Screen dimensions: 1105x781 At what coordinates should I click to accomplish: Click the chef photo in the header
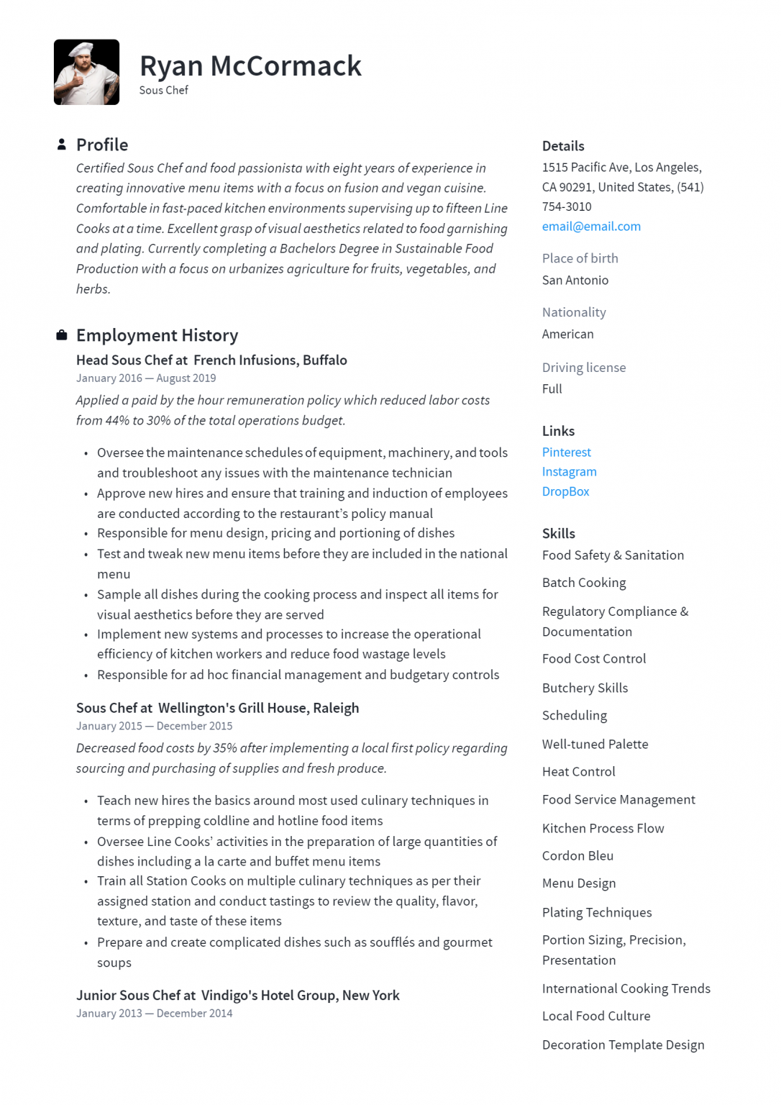click(x=86, y=72)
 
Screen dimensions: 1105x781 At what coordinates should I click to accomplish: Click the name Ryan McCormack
click(x=250, y=66)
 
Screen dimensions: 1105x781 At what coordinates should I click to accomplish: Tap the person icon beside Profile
click(x=62, y=145)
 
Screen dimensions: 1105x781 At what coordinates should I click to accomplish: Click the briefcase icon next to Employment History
click(x=62, y=335)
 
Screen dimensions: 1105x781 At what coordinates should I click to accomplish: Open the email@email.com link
click(x=590, y=227)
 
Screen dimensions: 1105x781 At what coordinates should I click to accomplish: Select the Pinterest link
click(x=566, y=453)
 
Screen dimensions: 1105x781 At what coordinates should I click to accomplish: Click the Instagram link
click(x=569, y=472)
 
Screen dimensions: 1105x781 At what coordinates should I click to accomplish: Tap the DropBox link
click(x=565, y=492)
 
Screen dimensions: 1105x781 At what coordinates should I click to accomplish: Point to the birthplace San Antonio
click(x=575, y=281)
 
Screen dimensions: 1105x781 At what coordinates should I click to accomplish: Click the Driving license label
click(x=583, y=368)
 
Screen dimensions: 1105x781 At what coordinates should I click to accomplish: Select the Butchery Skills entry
click(x=585, y=688)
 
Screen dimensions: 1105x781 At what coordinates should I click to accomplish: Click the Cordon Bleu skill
click(x=577, y=856)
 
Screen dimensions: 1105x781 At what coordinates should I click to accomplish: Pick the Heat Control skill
click(x=578, y=772)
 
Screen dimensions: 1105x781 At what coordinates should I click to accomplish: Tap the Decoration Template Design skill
click(x=623, y=1045)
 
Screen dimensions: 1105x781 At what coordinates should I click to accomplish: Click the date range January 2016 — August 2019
click(x=146, y=378)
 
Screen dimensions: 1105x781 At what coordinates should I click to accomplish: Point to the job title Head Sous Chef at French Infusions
click(x=211, y=360)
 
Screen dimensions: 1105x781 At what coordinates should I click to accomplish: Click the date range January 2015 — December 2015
click(x=154, y=727)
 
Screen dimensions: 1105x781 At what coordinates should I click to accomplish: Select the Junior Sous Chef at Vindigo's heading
click(x=237, y=996)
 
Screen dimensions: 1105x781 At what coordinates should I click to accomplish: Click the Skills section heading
click(x=558, y=534)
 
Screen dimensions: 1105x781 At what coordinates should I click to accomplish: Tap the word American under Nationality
click(x=567, y=335)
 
